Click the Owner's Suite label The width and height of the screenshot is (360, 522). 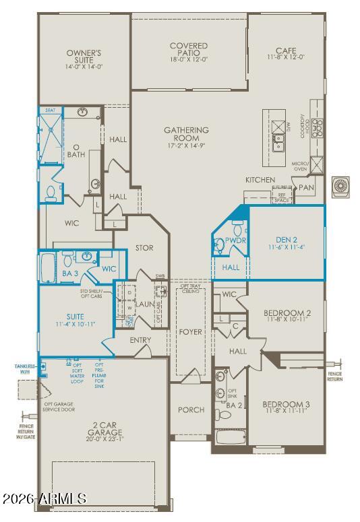click(84, 58)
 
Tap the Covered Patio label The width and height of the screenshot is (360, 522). click(189, 51)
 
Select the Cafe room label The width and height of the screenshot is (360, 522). click(286, 55)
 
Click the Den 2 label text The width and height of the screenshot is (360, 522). click(286, 243)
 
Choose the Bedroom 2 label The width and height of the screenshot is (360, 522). click(286, 317)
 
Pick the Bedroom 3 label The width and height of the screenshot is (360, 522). click(286, 408)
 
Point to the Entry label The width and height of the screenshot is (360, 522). click(140, 340)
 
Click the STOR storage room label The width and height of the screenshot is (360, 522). click(144, 248)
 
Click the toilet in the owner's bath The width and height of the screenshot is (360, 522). click(51, 193)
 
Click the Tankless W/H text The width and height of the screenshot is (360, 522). click(25, 369)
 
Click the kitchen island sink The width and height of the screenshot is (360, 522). click(279, 142)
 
